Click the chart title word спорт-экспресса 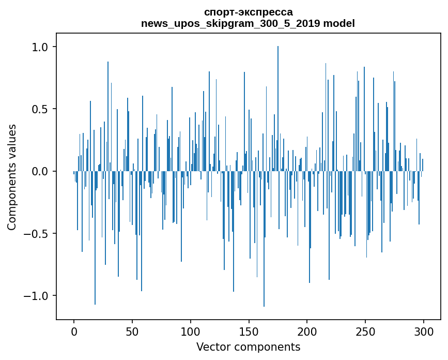[248, 12]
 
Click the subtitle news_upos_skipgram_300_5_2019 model [248, 23]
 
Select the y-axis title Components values [12, 177]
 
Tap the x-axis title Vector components [248, 347]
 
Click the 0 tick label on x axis [74, 331]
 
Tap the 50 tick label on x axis [132, 331]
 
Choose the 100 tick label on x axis [191, 331]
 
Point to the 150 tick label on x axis [249, 331]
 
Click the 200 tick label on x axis [307, 331]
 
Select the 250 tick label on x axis [366, 331]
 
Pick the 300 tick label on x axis [424, 331]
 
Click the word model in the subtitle [342, 23]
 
